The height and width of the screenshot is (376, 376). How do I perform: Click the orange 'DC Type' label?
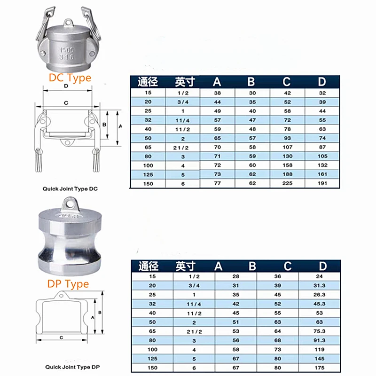pyautogui.click(x=70, y=78)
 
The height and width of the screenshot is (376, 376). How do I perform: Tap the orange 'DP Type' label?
pyautogui.click(x=68, y=284)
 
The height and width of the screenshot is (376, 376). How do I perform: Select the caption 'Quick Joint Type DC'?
pyautogui.click(x=70, y=189)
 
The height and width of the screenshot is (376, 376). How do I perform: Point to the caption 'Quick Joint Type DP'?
pyautogui.click(x=72, y=367)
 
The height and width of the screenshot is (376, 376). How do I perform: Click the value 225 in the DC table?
pyautogui.click(x=287, y=183)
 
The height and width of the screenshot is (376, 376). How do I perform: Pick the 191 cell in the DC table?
pyautogui.click(x=322, y=183)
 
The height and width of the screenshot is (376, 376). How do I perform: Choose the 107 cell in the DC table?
pyautogui.click(x=287, y=147)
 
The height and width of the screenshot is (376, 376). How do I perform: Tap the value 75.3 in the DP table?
pyautogui.click(x=319, y=331)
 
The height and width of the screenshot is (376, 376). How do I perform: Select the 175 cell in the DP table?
pyautogui.click(x=320, y=368)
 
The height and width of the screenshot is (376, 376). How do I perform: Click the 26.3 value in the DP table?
pyautogui.click(x=319, y=295)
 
